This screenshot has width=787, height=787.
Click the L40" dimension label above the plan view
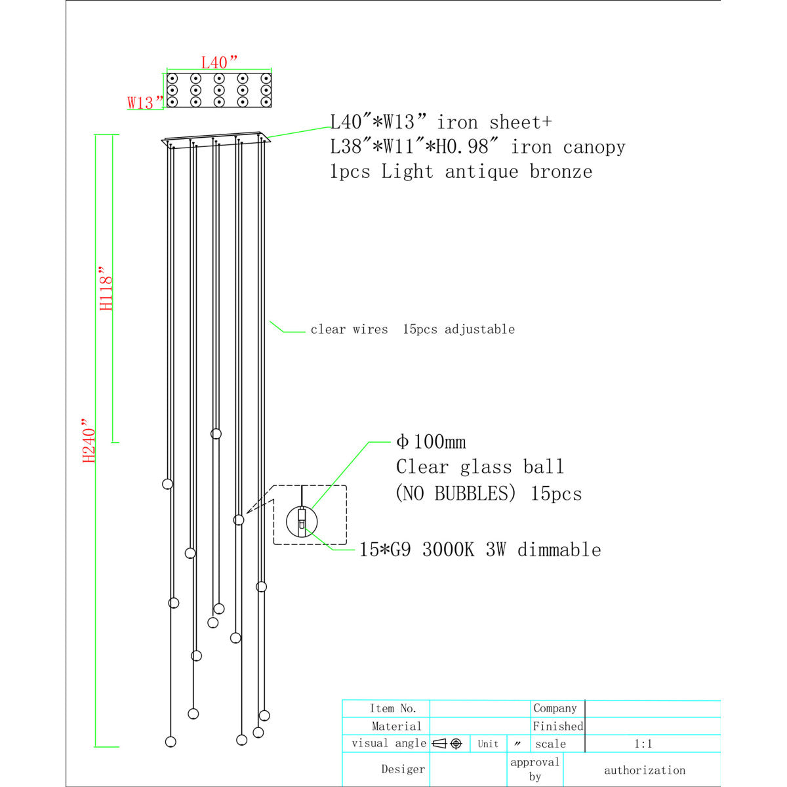pyautogui.click(x=219, y=62)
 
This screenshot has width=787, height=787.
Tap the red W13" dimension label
pyautogui.click(x=146, y=103)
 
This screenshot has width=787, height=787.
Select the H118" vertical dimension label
pyautogui.click(x=106, y=289)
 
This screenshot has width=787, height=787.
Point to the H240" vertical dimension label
pyautogui.click(x=89, y=440)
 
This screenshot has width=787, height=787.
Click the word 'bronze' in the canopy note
pyautogui.click(x=561, y=172)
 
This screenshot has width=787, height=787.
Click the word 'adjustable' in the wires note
pyautogui.click(x=479, y=330)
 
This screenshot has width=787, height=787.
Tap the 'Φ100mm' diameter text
pyautogui.click(x=431, y=442)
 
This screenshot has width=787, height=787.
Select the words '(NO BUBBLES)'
pyautogui.click(x=456, y=493)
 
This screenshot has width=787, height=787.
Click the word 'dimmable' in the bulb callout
pyautogui.click(x=559, y=550)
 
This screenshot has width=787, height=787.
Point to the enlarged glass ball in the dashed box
pyautogui.click(x=302, y=521)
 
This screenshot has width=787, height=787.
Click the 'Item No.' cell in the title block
pyautogui.click(x=392, y=708)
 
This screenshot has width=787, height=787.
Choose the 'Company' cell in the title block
pyautogui.click(x=555, y=708)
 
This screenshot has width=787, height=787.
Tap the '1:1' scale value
pyautogui.click(x=643, y=744)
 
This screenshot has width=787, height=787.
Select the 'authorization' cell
pyautogui.click(x=645, y=770)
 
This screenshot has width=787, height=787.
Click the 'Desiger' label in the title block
pyautogui.click(x=403, y=769)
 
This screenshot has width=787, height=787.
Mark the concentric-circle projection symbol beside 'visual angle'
pyautogui.click(x=456, y=744)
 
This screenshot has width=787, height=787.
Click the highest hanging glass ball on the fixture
pyautogui.click(x=216, y=434)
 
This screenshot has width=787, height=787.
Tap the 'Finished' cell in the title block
pyautogui.click(x=558, y=726)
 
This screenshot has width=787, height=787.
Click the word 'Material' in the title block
pyautogui.click(x=396, y=726)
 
